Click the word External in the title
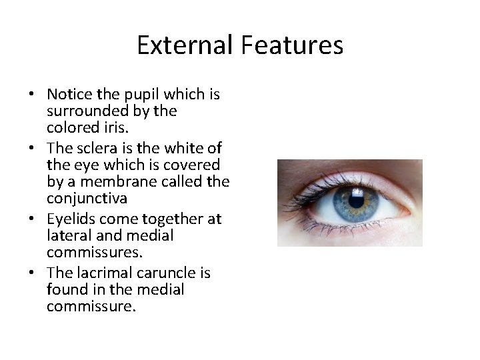182,45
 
